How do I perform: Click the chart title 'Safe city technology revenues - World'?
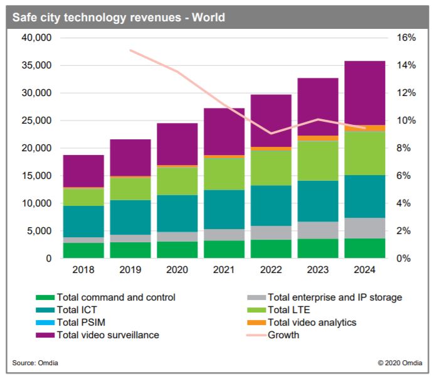pos(119,18)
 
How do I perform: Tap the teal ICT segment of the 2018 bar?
pos(83,222)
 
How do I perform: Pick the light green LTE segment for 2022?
pos(271,168)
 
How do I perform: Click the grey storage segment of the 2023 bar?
pos(318,230)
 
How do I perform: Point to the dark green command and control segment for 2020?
pos(177,250)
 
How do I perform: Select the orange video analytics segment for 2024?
pos(365,128)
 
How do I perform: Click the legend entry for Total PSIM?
pos(82,323)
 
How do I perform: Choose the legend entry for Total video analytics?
pos(311,323)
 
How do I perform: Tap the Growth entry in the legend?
pos(283,335)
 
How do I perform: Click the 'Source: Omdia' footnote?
pos(31,363)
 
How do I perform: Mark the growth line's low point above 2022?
pos(271,133)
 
